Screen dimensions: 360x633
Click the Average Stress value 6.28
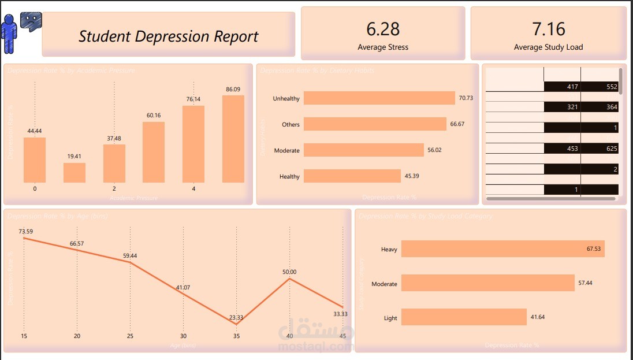click(382, 29)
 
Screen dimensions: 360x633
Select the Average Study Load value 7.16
click(548, 29)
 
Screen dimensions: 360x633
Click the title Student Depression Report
click(168, 36)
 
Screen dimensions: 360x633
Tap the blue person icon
click(9, 32)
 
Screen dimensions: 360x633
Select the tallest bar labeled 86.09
click(233, 139)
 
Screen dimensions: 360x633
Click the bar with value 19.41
click(75, 173)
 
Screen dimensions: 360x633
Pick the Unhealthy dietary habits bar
click(379, 98)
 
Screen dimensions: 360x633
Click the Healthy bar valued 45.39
click(352, 176)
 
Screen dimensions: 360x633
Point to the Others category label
click(291, 125)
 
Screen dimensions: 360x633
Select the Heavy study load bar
click(502, 249)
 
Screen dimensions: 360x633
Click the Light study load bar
click(464, 317)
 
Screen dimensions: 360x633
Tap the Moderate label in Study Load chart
click(384, 284)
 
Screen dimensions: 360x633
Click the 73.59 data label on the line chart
click(25, 232)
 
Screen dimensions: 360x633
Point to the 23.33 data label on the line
click(236, 317)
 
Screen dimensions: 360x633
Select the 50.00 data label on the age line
click(289, 272)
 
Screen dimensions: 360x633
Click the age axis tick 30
click(183, 336)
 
